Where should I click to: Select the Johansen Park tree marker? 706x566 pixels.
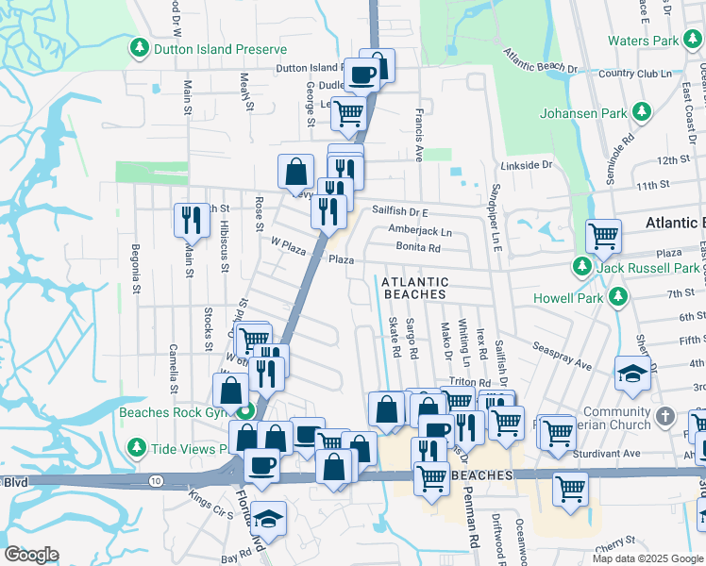tap(642, 113)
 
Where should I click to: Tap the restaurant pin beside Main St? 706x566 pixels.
tap(192, 220)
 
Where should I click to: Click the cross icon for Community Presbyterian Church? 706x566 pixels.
tap(666, 415)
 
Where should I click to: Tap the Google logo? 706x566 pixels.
tap(31, 555)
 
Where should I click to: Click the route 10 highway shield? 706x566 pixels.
tap(154, 481)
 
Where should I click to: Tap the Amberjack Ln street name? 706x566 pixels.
tap(420, 231)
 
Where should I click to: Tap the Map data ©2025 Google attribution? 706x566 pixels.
tap(647, 558)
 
